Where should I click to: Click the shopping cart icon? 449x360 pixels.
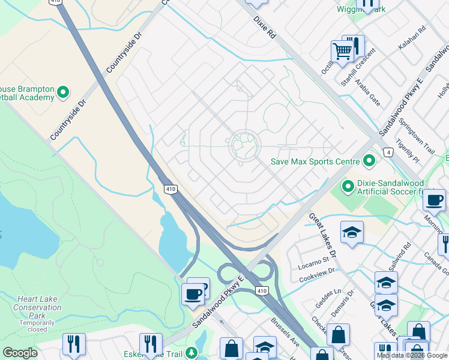pyautogui.click(x=342, y=52)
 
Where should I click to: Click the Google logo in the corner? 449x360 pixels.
pyautogui.click(x=20, y=353)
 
